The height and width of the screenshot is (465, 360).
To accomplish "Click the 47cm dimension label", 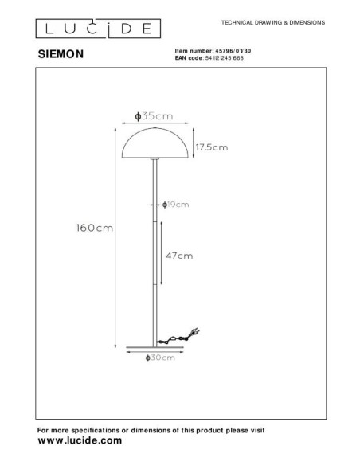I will [178, 256].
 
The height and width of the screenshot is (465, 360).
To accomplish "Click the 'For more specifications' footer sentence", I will [151, 430].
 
